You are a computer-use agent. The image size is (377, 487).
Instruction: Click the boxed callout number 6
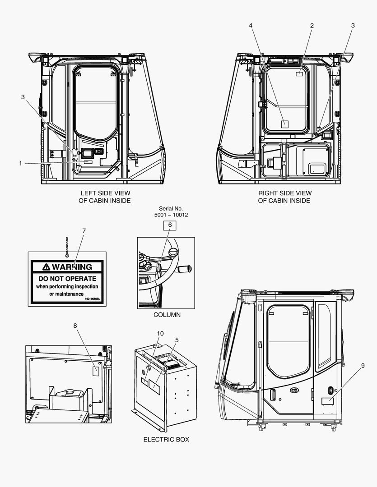click(170, 225)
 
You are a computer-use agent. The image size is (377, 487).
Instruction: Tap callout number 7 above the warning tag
click(84, 230)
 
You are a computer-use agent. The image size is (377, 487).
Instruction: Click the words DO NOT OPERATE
click(67, 279)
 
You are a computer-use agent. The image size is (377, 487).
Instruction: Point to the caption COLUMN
click(167, 315)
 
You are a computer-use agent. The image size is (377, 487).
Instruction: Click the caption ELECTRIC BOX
click(166, 439)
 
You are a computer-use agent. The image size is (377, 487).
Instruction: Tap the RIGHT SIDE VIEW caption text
click(284, 193)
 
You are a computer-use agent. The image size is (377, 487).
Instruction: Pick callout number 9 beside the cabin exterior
click(363, 366)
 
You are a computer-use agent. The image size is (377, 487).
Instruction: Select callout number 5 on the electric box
click(177, 340)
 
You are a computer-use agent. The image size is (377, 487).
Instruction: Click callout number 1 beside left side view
click(20, 163)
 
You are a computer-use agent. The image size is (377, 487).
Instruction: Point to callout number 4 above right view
click(251, 26)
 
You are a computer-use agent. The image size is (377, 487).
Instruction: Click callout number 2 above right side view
click(312, 26)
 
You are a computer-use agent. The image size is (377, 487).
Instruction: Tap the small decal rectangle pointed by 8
click(96, 371)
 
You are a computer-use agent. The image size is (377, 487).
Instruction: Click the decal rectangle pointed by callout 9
click(327, 401)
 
